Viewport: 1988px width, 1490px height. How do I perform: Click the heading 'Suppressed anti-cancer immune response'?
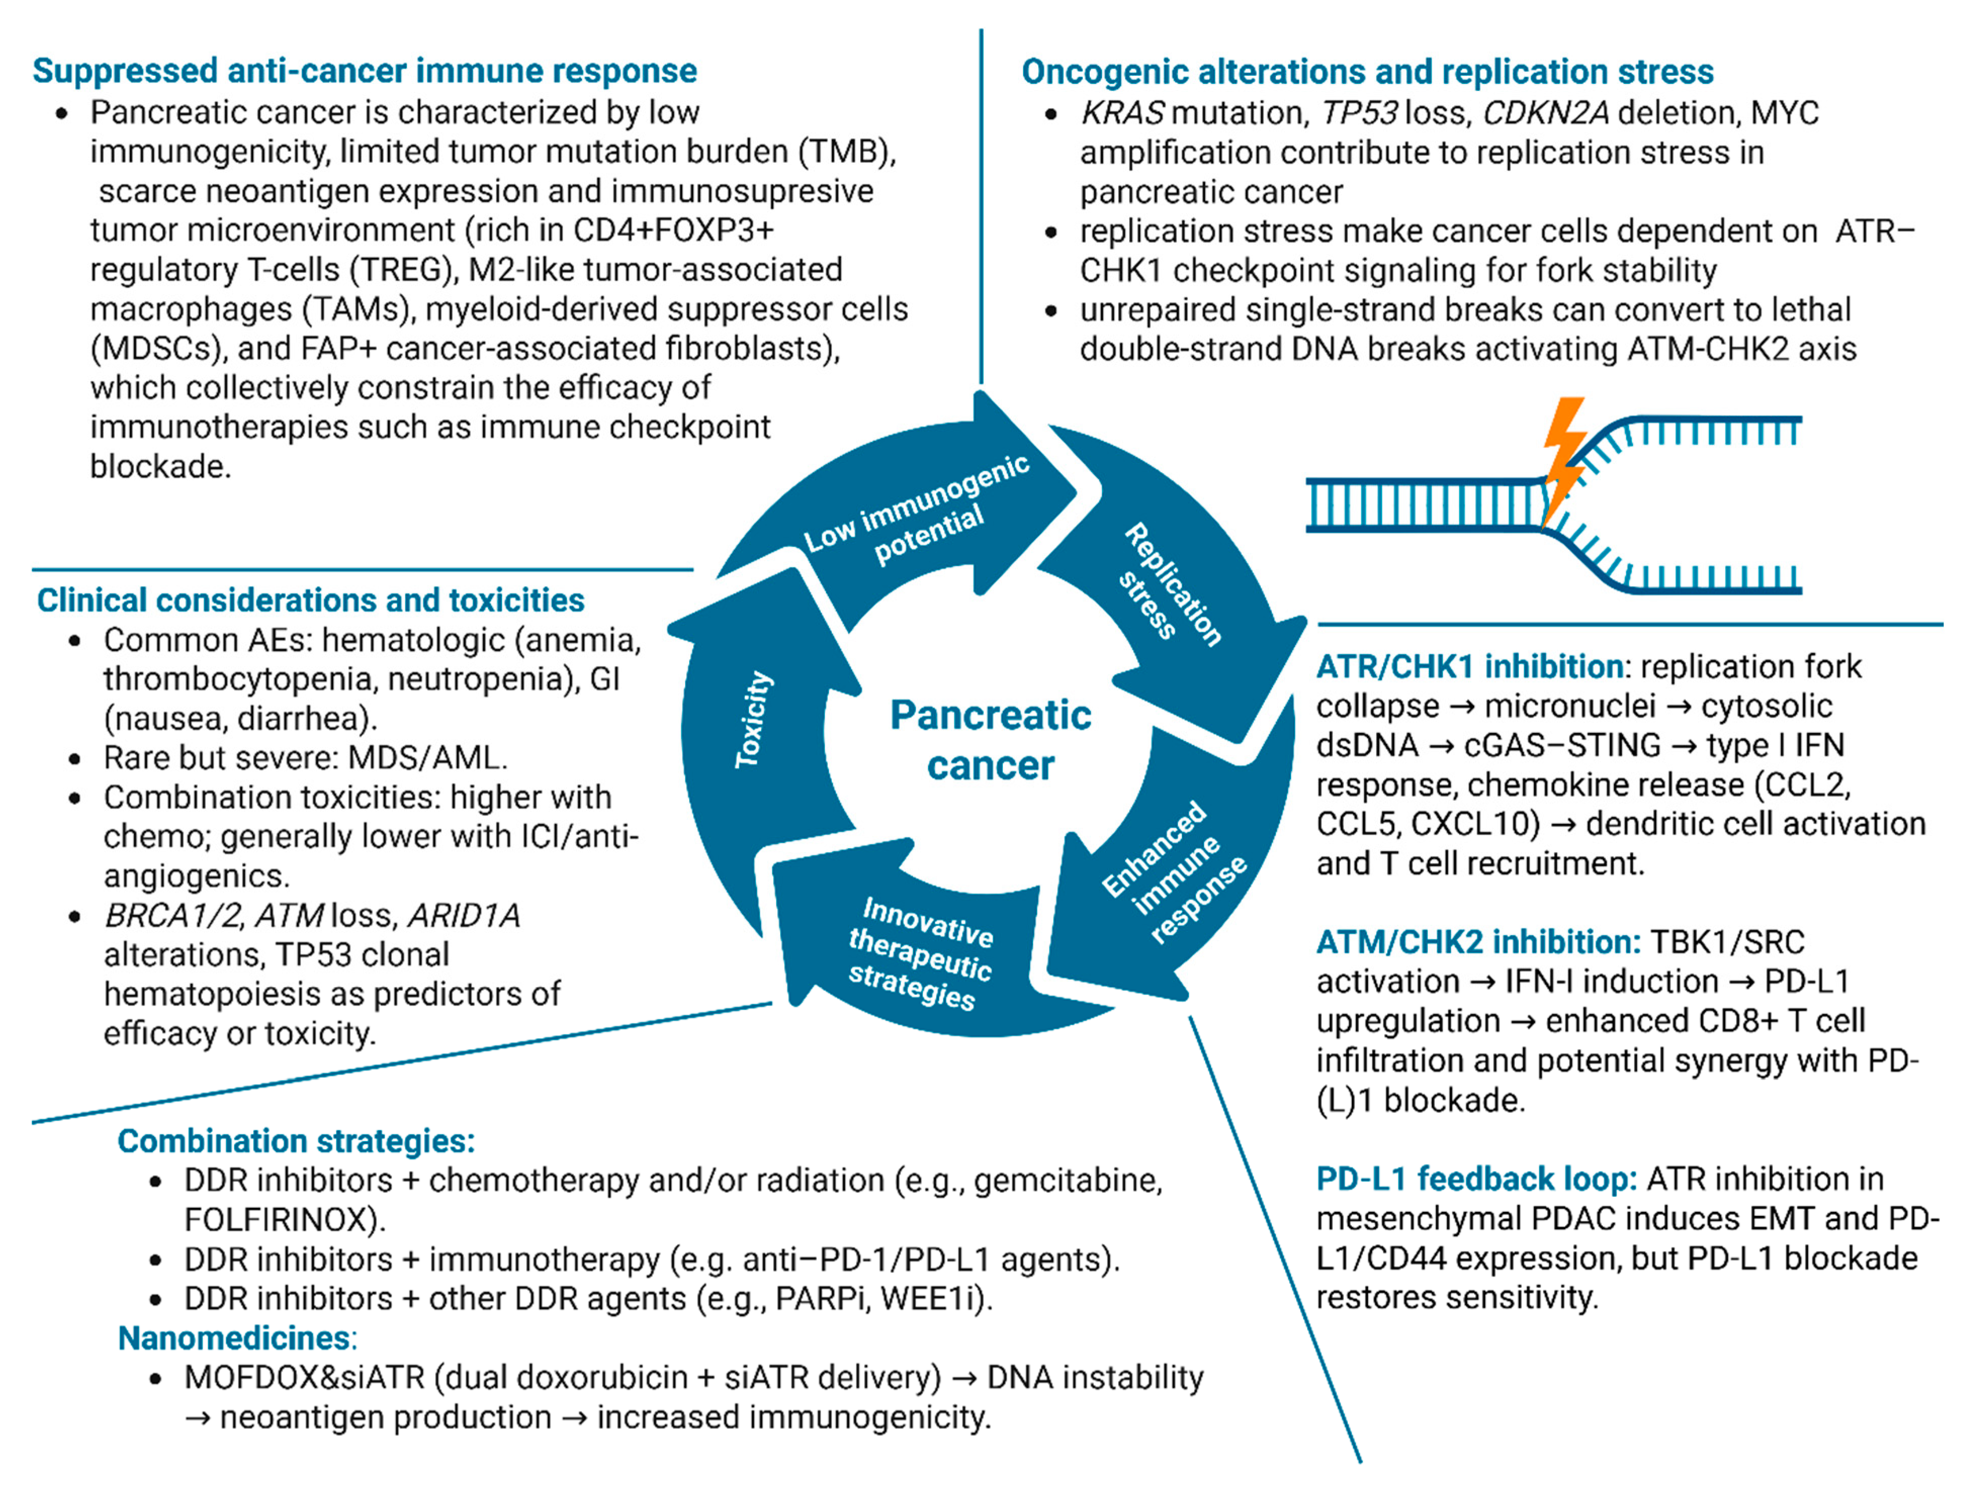tap(364, 71)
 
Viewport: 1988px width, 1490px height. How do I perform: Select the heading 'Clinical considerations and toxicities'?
tap(310, 600)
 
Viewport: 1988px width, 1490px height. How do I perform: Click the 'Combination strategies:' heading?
tap(296, 1141)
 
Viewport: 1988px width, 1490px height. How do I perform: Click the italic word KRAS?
tap(1122, 113)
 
